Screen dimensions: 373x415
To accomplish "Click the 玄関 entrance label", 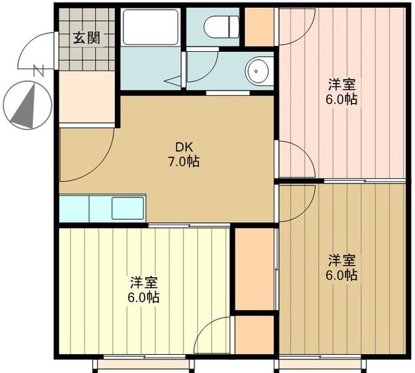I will click(86, 38).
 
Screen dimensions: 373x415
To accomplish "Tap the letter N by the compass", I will click(40, 70).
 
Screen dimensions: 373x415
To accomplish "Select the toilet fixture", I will click(221, 27).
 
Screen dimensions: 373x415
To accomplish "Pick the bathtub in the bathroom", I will click(150, 27).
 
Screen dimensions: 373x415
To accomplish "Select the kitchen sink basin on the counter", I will click(128, 208).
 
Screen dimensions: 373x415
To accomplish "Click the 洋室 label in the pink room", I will click(342, 85).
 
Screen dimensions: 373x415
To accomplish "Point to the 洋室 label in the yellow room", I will click(144, 282).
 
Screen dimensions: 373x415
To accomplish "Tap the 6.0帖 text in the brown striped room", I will click(342, 275).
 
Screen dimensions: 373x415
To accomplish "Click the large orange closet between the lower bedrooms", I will click(255, 269).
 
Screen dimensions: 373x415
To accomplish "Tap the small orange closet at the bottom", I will click(255, 334).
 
